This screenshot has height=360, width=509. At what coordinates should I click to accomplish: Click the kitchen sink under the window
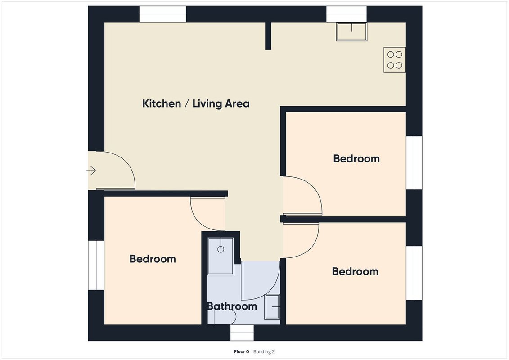point(351,32)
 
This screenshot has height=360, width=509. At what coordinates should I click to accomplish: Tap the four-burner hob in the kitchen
point(394,60)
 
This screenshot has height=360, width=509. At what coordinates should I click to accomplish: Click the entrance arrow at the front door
point(91,171)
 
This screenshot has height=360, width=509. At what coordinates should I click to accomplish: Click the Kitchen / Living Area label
point(196,103)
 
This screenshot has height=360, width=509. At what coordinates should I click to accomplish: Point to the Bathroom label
point(232,306)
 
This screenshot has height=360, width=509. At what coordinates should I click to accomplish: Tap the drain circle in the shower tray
point(221,249)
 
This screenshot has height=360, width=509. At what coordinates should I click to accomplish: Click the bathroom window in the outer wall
point(242,333)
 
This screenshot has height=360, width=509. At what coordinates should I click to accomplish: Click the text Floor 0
point(242,351)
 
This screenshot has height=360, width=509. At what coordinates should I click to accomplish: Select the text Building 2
point(264,351)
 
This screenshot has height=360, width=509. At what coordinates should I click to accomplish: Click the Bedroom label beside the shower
point(153,259)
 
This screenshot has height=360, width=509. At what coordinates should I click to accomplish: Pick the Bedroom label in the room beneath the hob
point(356,158)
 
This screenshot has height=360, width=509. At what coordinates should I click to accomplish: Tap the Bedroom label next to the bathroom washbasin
point(355,271)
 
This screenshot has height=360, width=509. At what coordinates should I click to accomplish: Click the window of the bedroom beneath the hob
point(414,163)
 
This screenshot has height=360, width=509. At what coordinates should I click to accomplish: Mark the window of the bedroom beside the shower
point(96,265)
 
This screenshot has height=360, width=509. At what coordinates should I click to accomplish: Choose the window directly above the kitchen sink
point(347,14)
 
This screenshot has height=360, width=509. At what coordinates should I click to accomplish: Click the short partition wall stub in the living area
point(268,36)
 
